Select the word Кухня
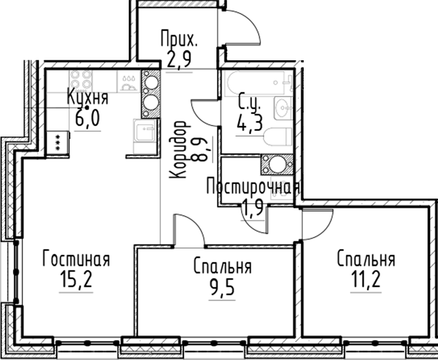point(87,98)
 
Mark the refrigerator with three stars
point(58,144)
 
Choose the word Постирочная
point(253,186)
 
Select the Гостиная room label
point(76,260)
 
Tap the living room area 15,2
point(76,281)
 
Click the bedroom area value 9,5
point(222,287)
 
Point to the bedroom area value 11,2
point(366,281)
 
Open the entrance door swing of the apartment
point(241,31)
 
